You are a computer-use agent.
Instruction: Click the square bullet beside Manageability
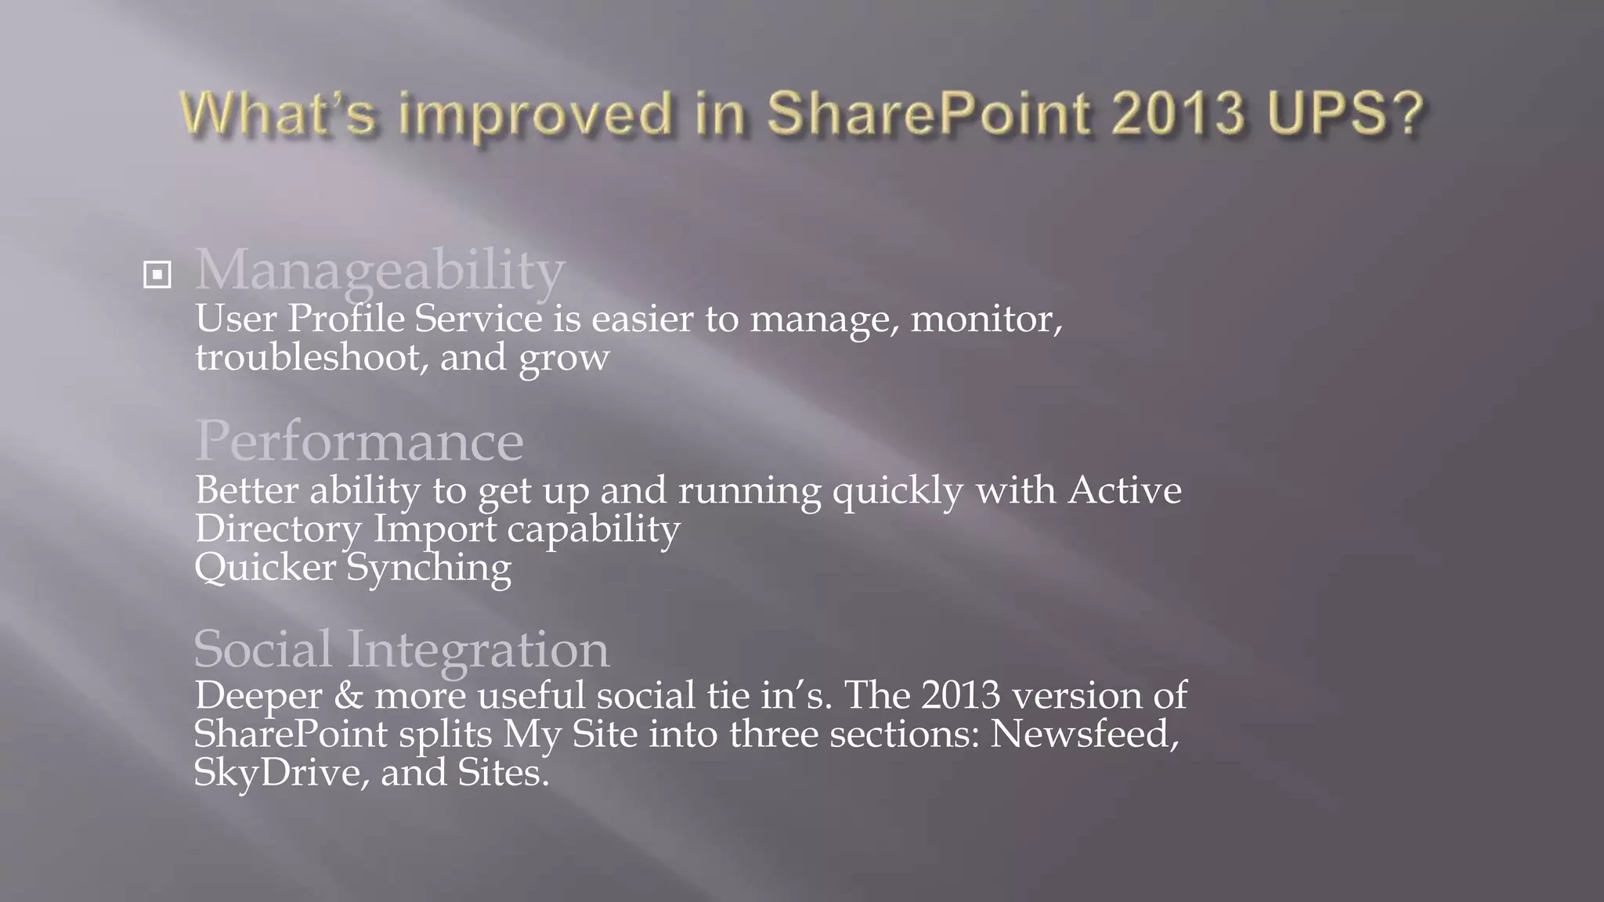157,275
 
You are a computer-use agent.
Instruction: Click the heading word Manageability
380,270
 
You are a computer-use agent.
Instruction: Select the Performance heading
359,442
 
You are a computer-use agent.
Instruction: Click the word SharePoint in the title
928,114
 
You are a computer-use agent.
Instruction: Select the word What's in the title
278,114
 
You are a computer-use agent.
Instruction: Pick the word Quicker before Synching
265,568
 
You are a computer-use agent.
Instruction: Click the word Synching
428,568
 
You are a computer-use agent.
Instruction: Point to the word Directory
278,529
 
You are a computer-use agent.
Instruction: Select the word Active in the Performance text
1125,491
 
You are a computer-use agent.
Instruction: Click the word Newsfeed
1084,734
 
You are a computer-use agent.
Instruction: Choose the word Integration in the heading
478,651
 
